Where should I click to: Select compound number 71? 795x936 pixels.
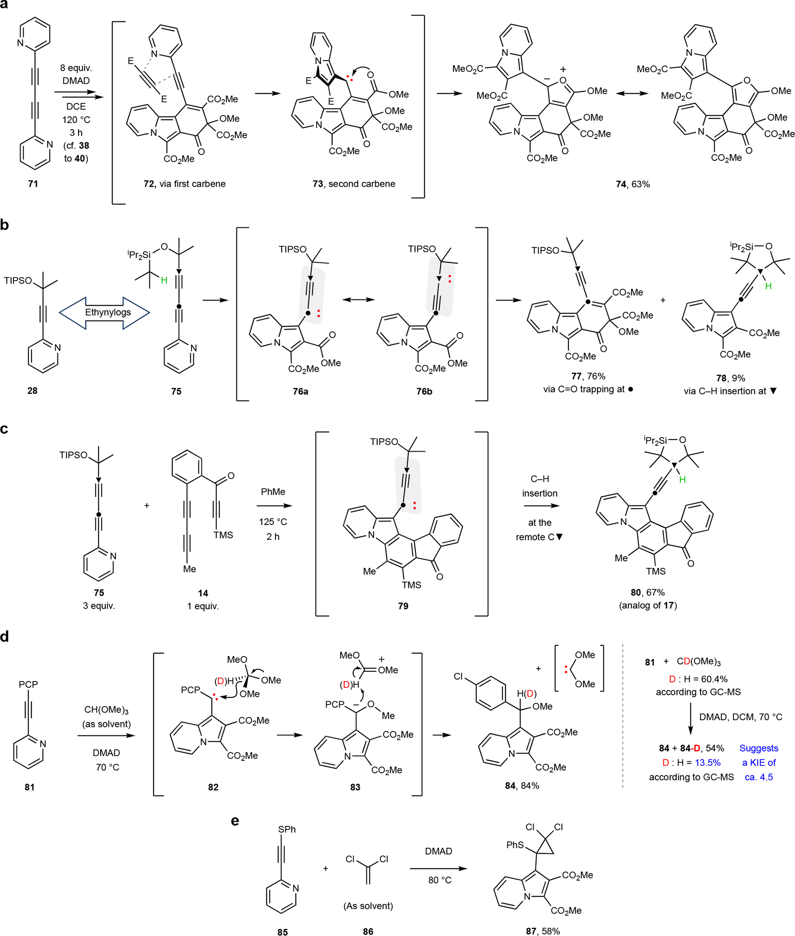(33, 184)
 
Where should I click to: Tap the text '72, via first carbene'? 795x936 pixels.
(184, 184)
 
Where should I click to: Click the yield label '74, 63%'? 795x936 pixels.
(632, 184)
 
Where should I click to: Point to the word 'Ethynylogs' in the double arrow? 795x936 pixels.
(108, 312)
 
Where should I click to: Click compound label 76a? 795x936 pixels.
(300, 391)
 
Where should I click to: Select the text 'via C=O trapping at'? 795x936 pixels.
(584, 389)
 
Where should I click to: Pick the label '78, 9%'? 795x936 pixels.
(730, 378)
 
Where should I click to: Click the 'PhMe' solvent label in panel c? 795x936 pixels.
(273, 492)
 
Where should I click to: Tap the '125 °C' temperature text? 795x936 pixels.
(273, 521)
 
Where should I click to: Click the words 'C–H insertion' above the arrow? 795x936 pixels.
(540, 485)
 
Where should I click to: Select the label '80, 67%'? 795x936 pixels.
(647, 592)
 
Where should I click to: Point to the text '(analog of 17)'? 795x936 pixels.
(647, 605)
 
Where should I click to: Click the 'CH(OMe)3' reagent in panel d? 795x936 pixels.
(107, 710)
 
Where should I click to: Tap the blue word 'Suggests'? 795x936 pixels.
(758, 748)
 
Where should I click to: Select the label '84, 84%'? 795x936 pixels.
(522, 785)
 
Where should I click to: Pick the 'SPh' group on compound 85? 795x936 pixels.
(287, 829)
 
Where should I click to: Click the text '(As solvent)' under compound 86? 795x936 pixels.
(368, 906)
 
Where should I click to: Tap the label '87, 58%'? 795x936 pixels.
(543, 931)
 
